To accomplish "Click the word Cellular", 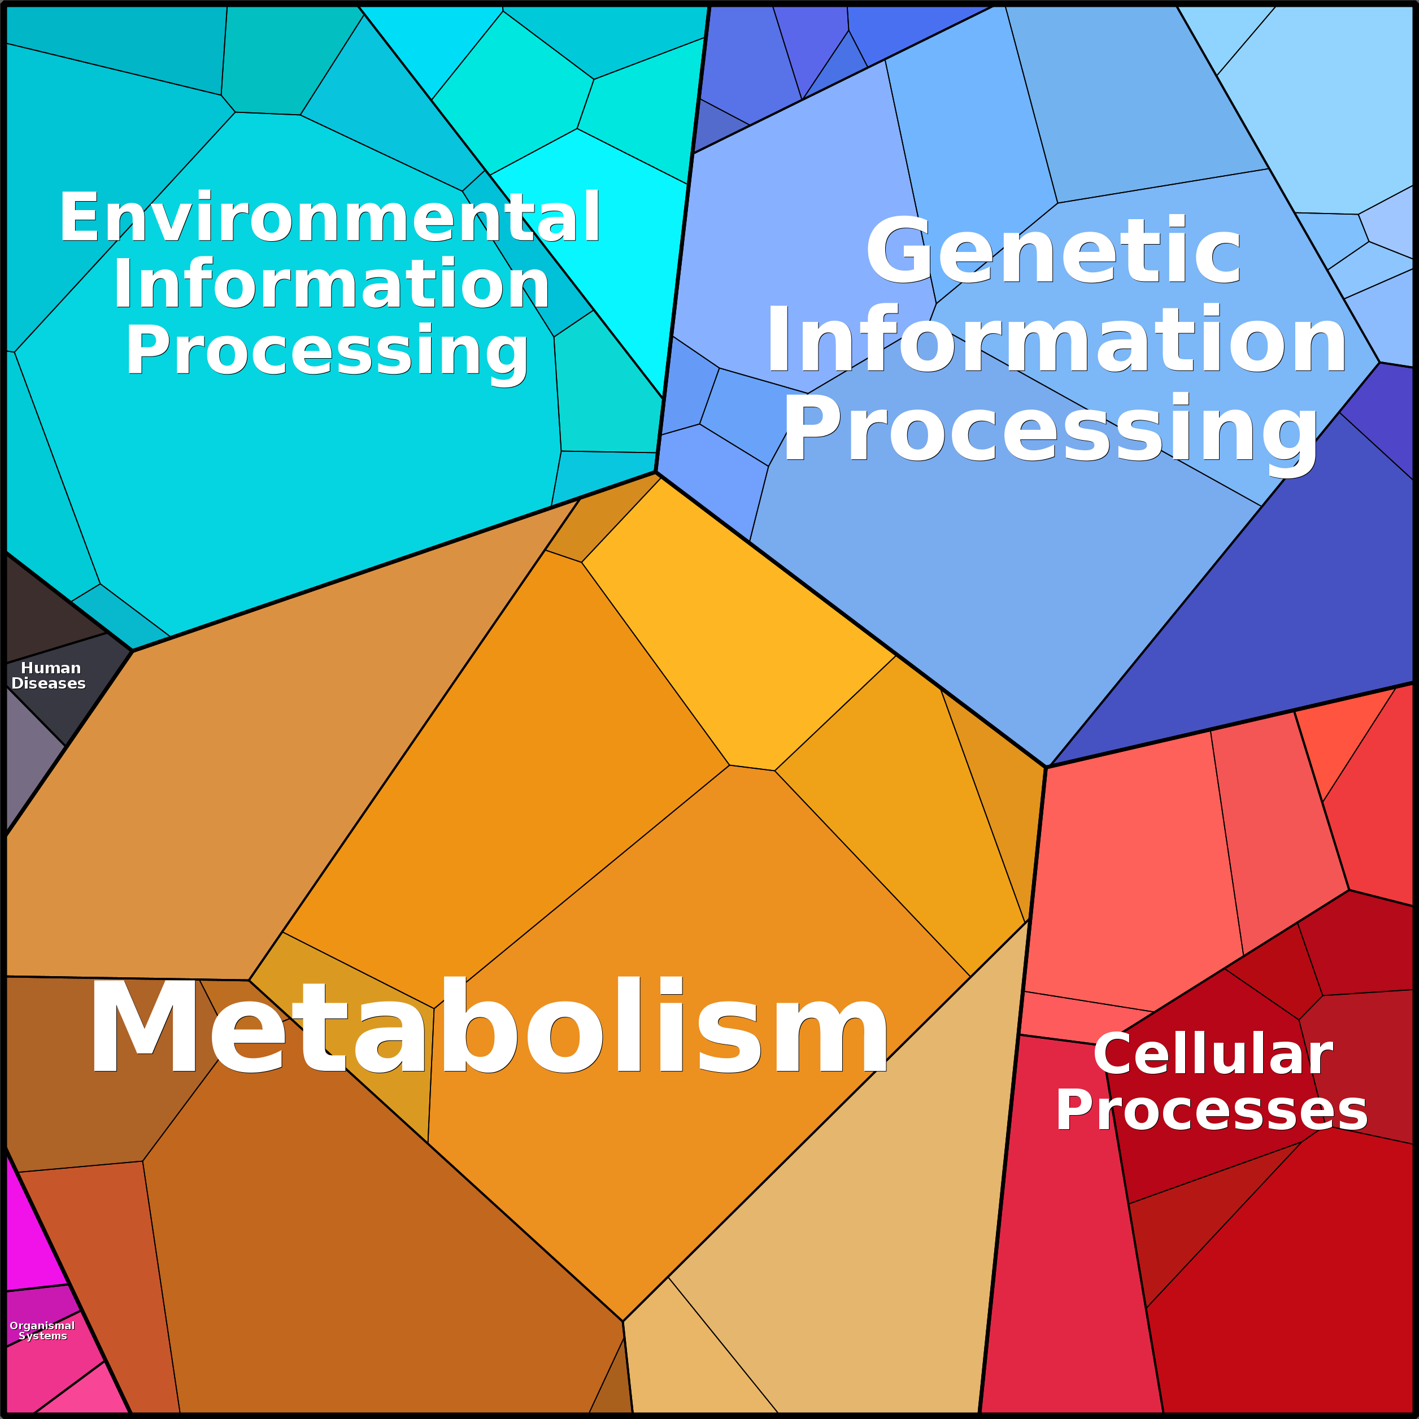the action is [x=1213, y=1055].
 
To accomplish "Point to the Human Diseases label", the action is [x=49, y=676].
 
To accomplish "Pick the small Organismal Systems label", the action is [x=42, y=1330].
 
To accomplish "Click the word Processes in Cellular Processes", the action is [x=1212, y=1110].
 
